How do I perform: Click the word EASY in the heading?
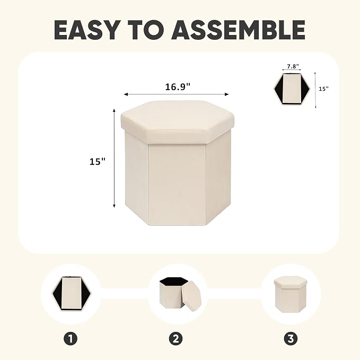click(x=86, y=30)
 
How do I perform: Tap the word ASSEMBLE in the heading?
click(x=238, y=30)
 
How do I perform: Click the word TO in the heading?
click(x=145, y=30)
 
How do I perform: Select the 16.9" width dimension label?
click(x=178, y=87)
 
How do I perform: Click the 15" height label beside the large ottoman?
click(x=98, y=161)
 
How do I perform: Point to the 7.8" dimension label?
click(x=293, y=67)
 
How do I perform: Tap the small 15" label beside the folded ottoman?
click(x=324, y=89)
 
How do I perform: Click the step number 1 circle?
click(x=71, y=339)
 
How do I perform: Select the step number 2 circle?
click(x=175, y=339)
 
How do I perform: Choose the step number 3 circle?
click(x=291, y=339)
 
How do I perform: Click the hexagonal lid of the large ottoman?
click(x=178, y=122)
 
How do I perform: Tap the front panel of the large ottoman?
click(x=177, y=183)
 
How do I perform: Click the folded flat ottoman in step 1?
click(x=72, y=294)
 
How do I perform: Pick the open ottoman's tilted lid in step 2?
click(x=191, y=295)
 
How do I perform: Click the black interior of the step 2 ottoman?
click(x=174, y=282)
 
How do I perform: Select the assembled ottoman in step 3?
click(x=291, y=294)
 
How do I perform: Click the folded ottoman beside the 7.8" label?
click(x=292, y=90)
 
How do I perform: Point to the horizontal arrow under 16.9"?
click(x=177, y=94)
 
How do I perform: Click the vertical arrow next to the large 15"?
click(x=114, y=158)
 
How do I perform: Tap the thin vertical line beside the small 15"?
click(x=315, y=90)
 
